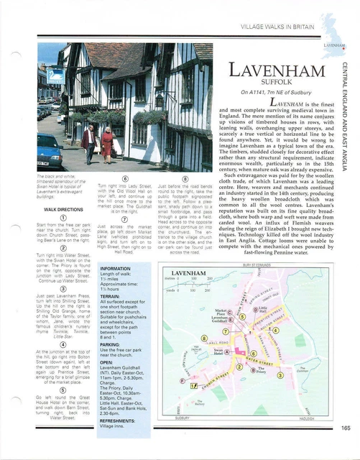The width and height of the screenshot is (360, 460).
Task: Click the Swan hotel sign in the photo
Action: point(55,77)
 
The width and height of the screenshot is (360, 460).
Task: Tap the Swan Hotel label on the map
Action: point(220,352)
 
